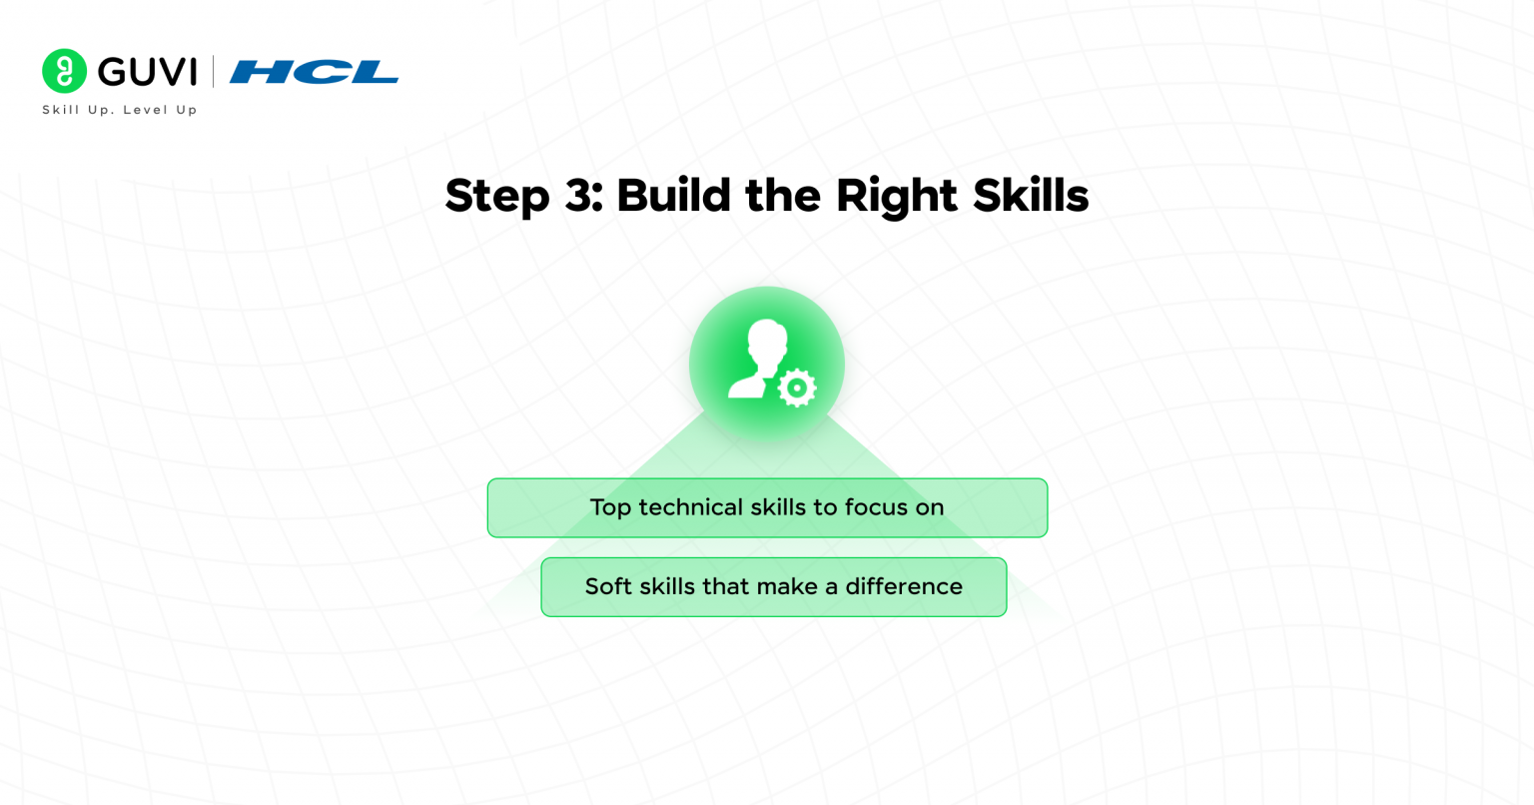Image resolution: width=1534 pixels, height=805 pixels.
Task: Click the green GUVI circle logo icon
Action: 65,71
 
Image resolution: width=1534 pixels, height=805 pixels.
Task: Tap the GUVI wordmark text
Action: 147,72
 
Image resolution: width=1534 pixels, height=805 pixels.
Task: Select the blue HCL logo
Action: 314,72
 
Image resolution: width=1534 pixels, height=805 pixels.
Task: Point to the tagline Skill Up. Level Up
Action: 120,110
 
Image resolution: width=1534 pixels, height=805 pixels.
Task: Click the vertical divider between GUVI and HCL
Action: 213,72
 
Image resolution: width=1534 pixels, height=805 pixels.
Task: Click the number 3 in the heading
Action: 580,196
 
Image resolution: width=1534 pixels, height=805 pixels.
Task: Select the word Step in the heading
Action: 496,196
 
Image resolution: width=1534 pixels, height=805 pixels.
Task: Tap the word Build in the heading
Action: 673,196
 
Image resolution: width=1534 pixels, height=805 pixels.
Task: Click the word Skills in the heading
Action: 1030,196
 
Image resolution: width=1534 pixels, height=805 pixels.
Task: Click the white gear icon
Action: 796,388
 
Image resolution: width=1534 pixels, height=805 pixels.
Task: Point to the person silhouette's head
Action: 765,340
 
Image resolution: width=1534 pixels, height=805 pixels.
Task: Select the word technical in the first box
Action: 690,507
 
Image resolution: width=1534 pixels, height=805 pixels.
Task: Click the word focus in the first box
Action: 875,507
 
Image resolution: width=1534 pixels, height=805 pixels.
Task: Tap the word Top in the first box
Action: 609,507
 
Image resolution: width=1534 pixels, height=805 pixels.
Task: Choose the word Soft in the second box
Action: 608,586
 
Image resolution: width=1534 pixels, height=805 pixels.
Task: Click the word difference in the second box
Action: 904,586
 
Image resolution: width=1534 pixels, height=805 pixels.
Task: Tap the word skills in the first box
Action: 777,507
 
